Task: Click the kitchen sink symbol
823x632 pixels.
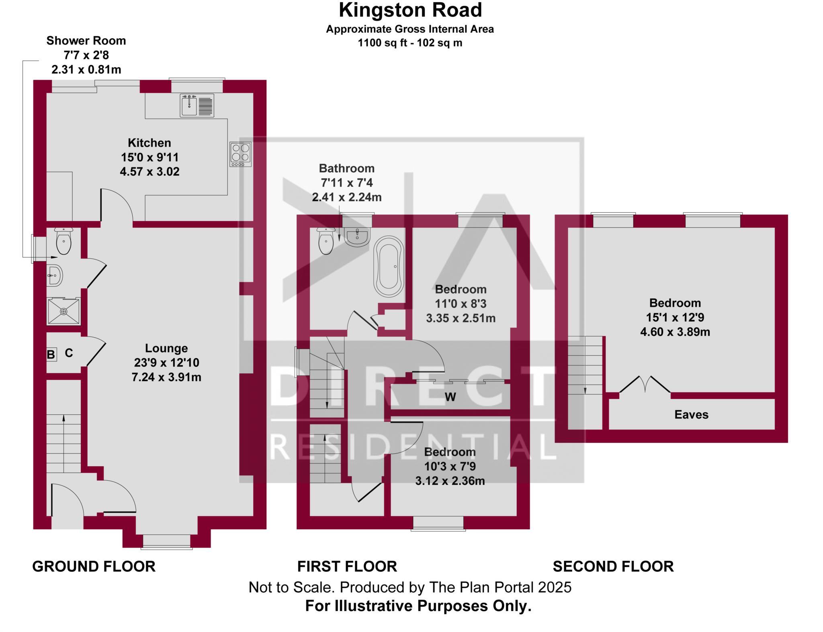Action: click(x=197, y=105)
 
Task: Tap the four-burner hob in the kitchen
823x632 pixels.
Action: click(x=240, y=154)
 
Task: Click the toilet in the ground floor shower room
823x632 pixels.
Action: click(x=63, y=241)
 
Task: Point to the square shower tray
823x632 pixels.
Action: click(x=64, y=311)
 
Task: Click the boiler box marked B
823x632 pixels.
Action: click(x=51, y=355)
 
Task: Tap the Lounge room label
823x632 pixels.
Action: click(x=166, y=348)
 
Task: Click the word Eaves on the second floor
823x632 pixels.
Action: click(x=691, y=414)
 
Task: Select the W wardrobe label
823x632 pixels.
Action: click(x=450, y=397)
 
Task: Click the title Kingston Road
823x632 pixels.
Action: click(x=410, y=10)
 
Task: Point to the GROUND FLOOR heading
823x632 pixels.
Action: click(x=94, y=567)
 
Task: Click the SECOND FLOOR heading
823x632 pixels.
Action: click(x=613, y=567)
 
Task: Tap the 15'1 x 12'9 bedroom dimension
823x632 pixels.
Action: click(x=675, y=318)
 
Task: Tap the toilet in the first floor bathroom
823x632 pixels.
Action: click(x=326, y=241)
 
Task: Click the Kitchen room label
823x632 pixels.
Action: click(x=149, y=143)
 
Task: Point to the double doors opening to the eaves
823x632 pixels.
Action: click(x=645, y=384)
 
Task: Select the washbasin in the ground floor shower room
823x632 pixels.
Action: click(x=55, y=275)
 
